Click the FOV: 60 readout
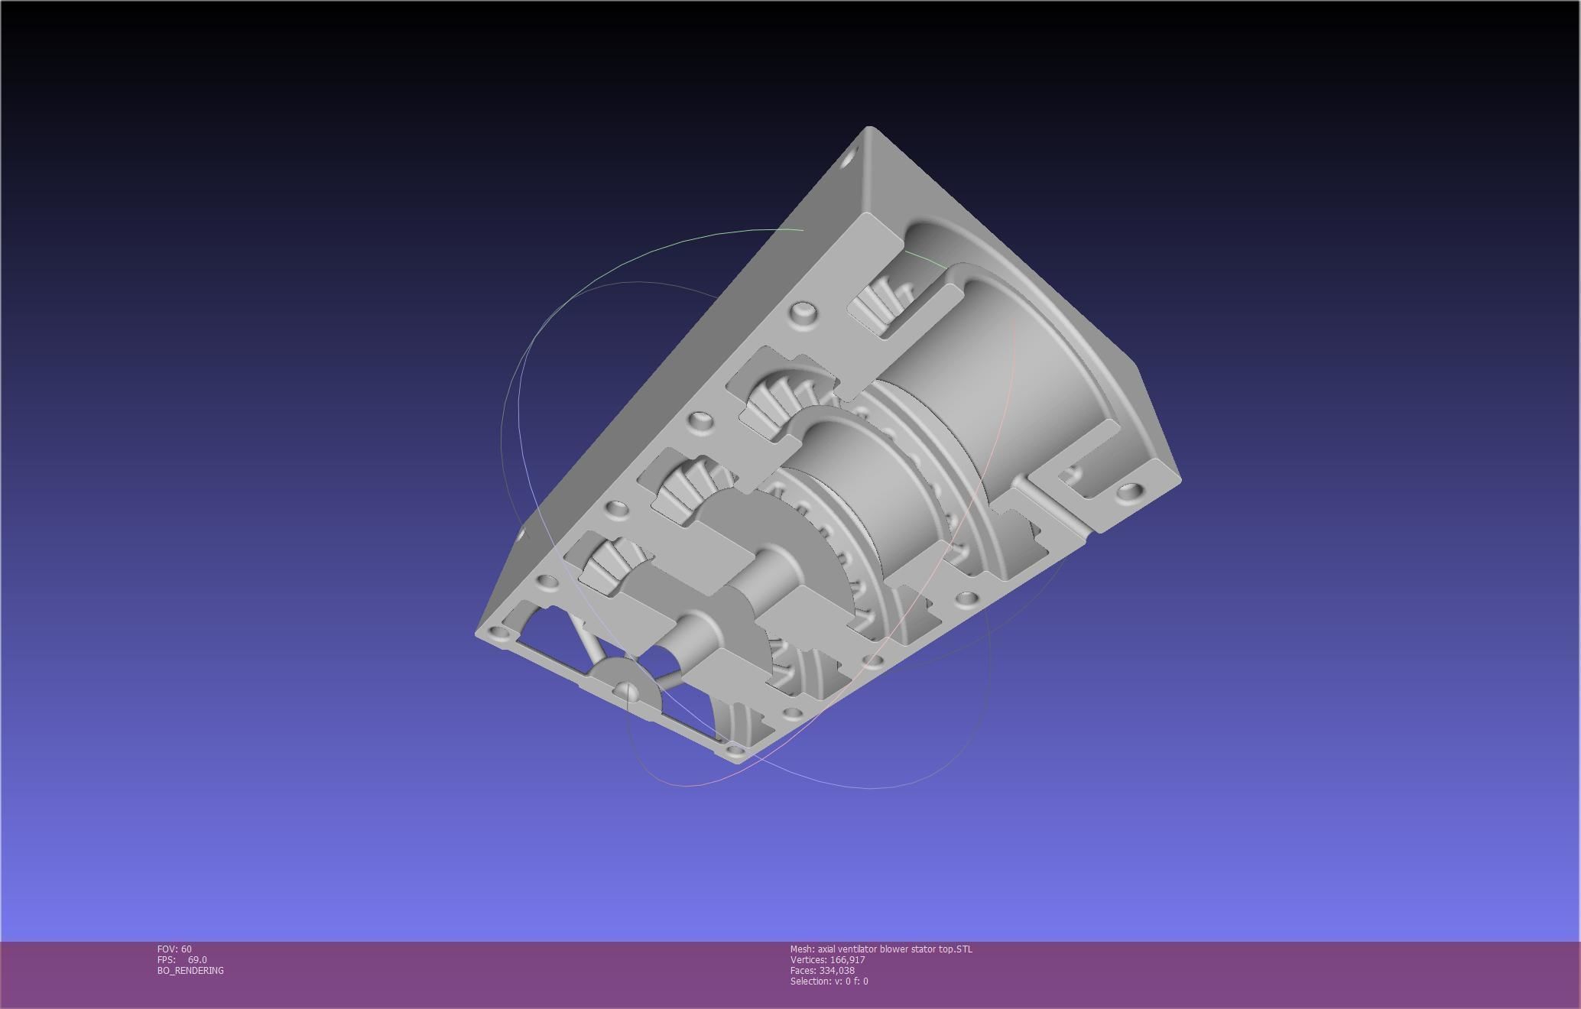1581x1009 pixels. (x=174, y=949)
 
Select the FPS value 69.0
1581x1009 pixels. (x=197, y=960)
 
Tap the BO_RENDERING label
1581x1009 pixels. (x=190, y=971)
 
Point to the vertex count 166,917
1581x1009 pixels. (x=847, y=960)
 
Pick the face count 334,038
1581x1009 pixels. (x=836, y=971)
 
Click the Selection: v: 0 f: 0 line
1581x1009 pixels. (x=829, y=981)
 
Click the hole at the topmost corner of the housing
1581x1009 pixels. (x=849, y=162)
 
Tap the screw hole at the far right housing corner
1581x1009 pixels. (x=1127, y=491)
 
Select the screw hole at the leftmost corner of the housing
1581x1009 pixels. (x=500, y=633)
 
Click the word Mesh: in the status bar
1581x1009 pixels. (x=802, y=949)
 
